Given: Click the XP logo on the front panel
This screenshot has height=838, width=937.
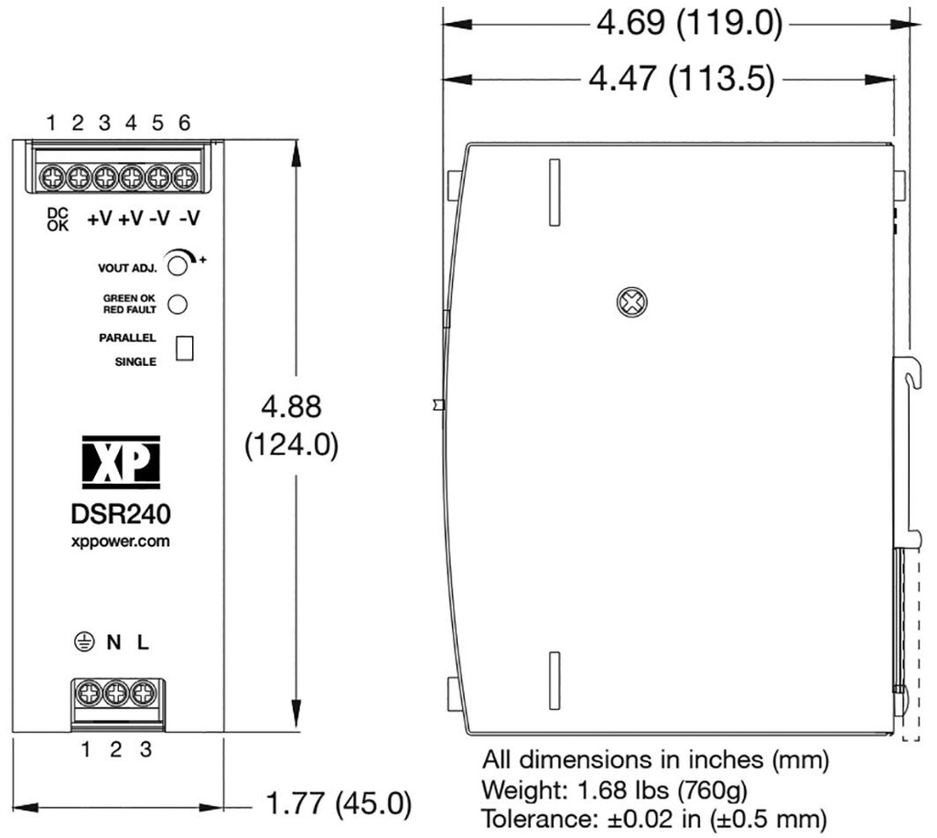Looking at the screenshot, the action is [x=121, y=458].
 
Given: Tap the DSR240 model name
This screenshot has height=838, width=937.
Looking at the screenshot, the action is [x=121, y=514].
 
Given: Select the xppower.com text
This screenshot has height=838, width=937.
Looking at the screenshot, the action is [x=121, y=542].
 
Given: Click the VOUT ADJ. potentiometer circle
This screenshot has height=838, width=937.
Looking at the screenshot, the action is [x=178, y=264].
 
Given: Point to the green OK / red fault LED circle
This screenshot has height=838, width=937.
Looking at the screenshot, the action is [x=178, y=304].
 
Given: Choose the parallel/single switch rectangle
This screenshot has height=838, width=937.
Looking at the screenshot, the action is [x=185, y=349].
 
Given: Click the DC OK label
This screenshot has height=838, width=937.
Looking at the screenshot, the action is [x=58, y=220].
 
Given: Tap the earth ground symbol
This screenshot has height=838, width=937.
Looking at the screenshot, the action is [x=84, y=642].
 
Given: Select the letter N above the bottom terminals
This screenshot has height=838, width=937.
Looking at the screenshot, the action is [x=113, y=643].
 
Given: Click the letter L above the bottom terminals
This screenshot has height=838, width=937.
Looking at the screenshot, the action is [x=143, y=643].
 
